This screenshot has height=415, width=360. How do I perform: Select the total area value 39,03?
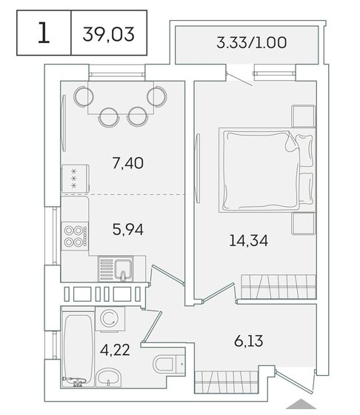109,34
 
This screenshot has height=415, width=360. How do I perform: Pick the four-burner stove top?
75,234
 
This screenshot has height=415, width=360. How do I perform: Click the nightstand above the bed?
302,116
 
